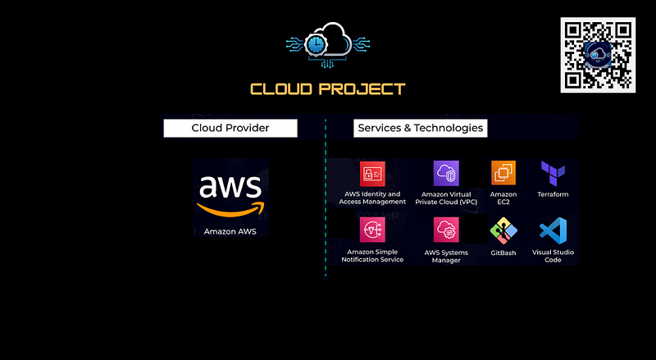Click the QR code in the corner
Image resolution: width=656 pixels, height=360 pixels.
click(x=598, y=55)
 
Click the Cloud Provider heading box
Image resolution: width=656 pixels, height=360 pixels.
click(x=230, y=128)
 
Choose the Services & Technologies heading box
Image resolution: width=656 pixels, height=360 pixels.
click(x=420, y=128)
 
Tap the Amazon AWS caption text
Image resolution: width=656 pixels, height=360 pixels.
click(x=230, y=232)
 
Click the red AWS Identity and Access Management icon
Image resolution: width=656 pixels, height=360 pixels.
click(x=373, y=174)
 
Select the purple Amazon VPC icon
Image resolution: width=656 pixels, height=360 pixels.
click(x=446, y=174)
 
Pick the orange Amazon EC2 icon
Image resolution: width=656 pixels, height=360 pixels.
click(x=503, y=174)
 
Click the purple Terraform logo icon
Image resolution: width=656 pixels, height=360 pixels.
click(x=553, y=173)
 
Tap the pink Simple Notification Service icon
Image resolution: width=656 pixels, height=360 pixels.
click(x=373, y=230)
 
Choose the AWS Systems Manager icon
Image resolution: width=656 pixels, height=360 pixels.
click(x=446, y=230)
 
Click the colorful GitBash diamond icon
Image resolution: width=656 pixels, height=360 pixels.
click(x=503, y=230)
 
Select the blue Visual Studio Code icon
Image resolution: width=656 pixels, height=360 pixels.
click(x=553, y=230)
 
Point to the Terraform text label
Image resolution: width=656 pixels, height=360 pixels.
click(x=553, y=194)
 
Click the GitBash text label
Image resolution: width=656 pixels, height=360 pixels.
click(x=503, y=254)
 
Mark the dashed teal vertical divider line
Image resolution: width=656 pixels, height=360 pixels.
click(x=326, y=197)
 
